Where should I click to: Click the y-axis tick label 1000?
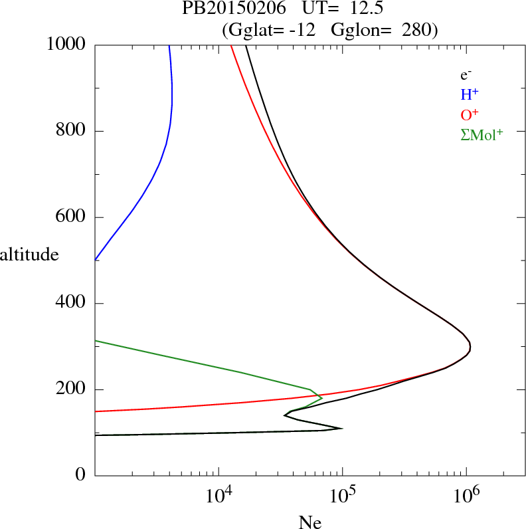click(x=67, y=45)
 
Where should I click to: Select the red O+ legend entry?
click(x=470, y=114)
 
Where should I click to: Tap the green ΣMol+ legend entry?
click(x=482, y=134)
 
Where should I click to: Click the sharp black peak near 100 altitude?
click(x=342, y=428)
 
